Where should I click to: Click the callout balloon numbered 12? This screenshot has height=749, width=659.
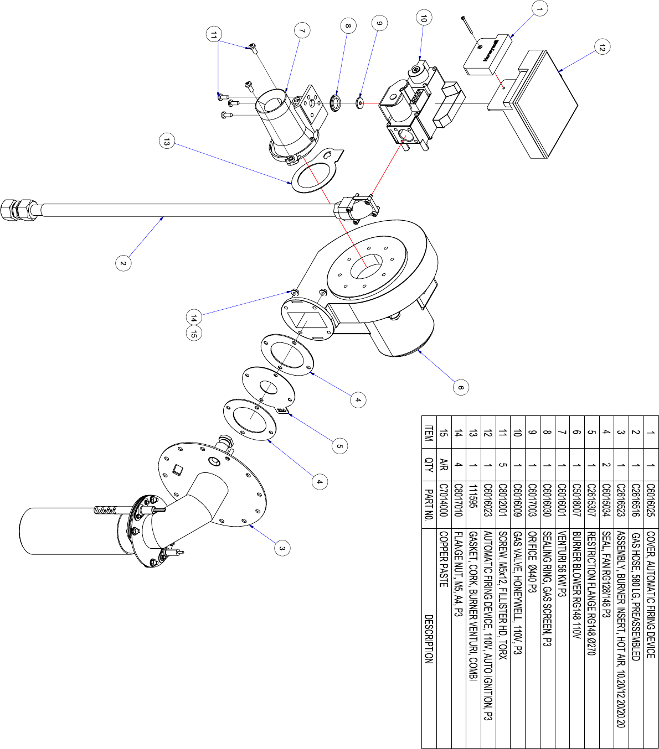(602, 47)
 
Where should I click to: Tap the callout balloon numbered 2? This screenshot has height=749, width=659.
(123, 263)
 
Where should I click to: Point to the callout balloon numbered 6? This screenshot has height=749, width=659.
(461, 387)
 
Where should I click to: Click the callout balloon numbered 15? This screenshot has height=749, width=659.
(194, 333)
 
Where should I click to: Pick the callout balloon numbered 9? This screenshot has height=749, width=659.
(379, 23)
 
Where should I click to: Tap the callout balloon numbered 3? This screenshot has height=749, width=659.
(282, 548)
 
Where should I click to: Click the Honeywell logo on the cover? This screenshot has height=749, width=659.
(491, 51)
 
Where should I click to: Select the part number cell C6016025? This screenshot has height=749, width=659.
(651, 501)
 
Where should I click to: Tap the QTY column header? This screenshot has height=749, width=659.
(429, 465)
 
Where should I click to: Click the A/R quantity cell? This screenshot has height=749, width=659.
(443, 465)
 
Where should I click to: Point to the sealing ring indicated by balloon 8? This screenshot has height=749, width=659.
(336, 103)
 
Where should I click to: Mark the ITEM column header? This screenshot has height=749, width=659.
(429, 433)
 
